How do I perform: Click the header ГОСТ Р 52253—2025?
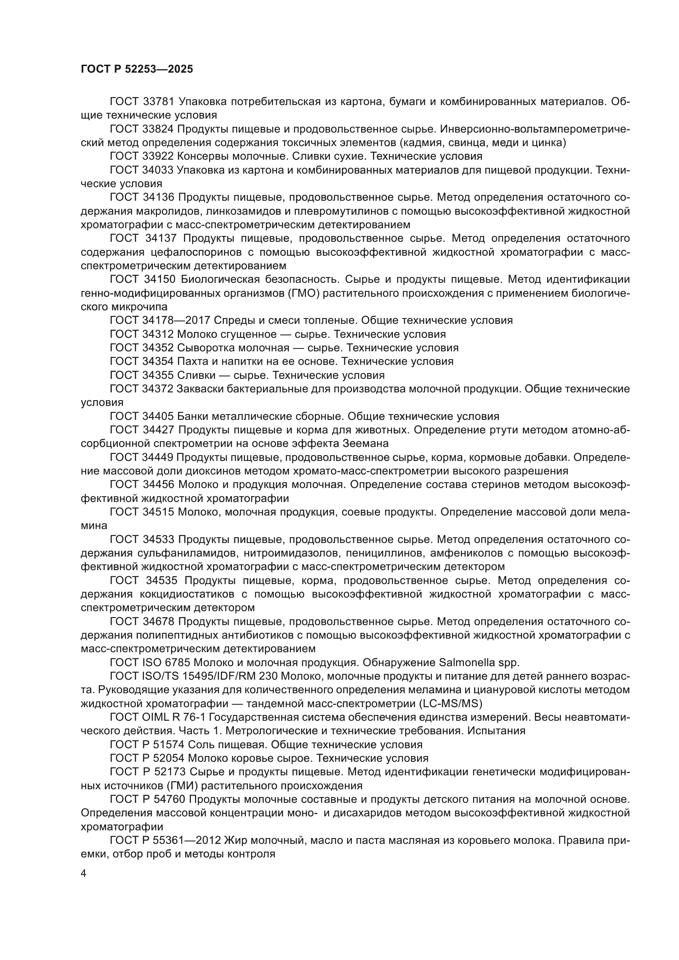[137, 69]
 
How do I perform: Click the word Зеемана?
[366, 444]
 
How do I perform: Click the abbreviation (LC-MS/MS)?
[450, 704]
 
